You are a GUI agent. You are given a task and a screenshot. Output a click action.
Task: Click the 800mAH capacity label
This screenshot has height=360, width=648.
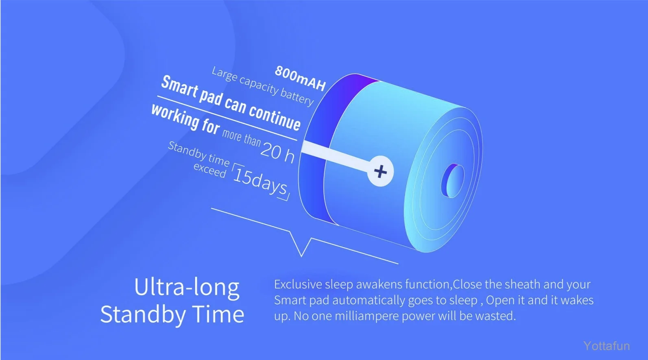[300, 78]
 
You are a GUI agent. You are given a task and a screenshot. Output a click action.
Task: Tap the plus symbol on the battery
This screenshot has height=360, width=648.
[380, 171]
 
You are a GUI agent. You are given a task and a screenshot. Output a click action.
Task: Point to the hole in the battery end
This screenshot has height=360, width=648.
[453, 181]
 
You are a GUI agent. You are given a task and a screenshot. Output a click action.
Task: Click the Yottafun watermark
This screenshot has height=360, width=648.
[607, 346]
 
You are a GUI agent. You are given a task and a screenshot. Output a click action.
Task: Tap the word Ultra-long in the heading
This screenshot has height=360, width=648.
[187, 287]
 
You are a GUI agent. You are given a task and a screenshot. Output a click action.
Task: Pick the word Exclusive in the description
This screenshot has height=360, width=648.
[298, 284]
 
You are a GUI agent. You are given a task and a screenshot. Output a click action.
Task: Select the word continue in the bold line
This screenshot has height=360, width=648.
[275, 119]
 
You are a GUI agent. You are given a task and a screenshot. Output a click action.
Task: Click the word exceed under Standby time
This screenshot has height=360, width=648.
[210, 170]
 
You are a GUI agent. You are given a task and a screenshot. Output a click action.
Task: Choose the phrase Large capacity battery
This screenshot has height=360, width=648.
[263, 86]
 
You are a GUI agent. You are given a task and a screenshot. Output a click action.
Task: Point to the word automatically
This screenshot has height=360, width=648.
[369, 300]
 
